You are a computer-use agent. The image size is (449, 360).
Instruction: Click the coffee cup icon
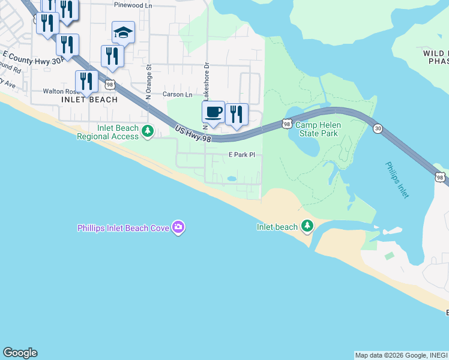point(213,111)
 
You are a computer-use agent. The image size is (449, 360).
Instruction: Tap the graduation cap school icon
point(123,32)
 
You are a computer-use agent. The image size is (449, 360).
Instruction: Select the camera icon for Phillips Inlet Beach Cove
point(178,227)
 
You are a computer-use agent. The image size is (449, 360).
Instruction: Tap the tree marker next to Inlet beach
point(307,226)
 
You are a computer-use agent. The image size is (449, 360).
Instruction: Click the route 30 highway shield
point(377,128)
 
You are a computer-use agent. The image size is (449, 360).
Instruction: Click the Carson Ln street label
point(178,95)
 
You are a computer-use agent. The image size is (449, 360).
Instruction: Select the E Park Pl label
point(242,155)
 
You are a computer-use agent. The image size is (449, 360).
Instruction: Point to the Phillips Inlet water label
point(396,179)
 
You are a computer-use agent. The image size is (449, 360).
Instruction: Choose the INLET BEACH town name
point(89,100)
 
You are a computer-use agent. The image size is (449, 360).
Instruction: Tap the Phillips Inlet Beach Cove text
point(123,227)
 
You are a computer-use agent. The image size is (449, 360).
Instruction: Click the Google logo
point(20,353)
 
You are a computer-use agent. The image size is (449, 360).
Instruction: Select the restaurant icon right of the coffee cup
point(237,113)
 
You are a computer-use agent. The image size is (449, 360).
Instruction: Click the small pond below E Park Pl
point(232,178)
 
